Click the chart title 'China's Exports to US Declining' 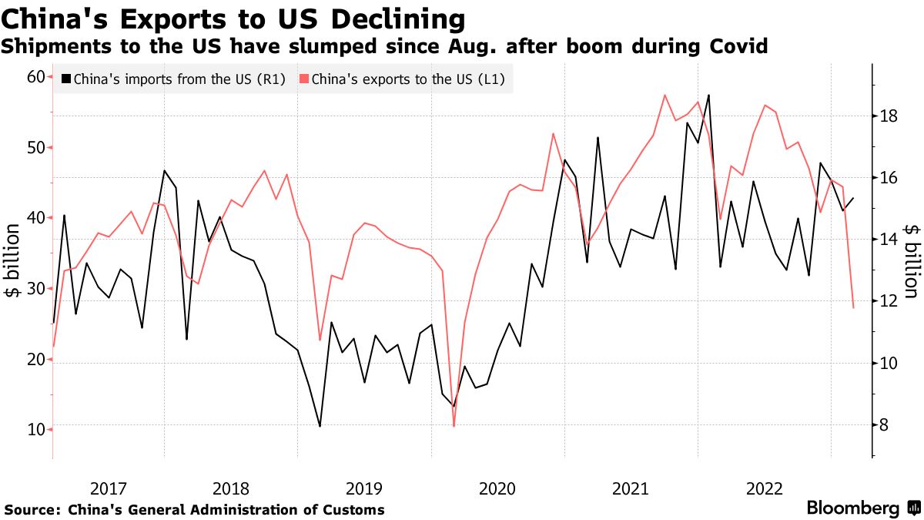pos(233,18)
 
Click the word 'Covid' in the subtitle pos(738,46)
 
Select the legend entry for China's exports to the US pos(407,79)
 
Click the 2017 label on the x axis pos(108,488)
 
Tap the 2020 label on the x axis pos(497,488)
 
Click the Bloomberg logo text pos(852,508)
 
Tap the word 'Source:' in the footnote pos(33,509)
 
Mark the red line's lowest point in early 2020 pos(454,426)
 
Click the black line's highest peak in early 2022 pos(708,95)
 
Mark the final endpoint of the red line pos(853,308)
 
